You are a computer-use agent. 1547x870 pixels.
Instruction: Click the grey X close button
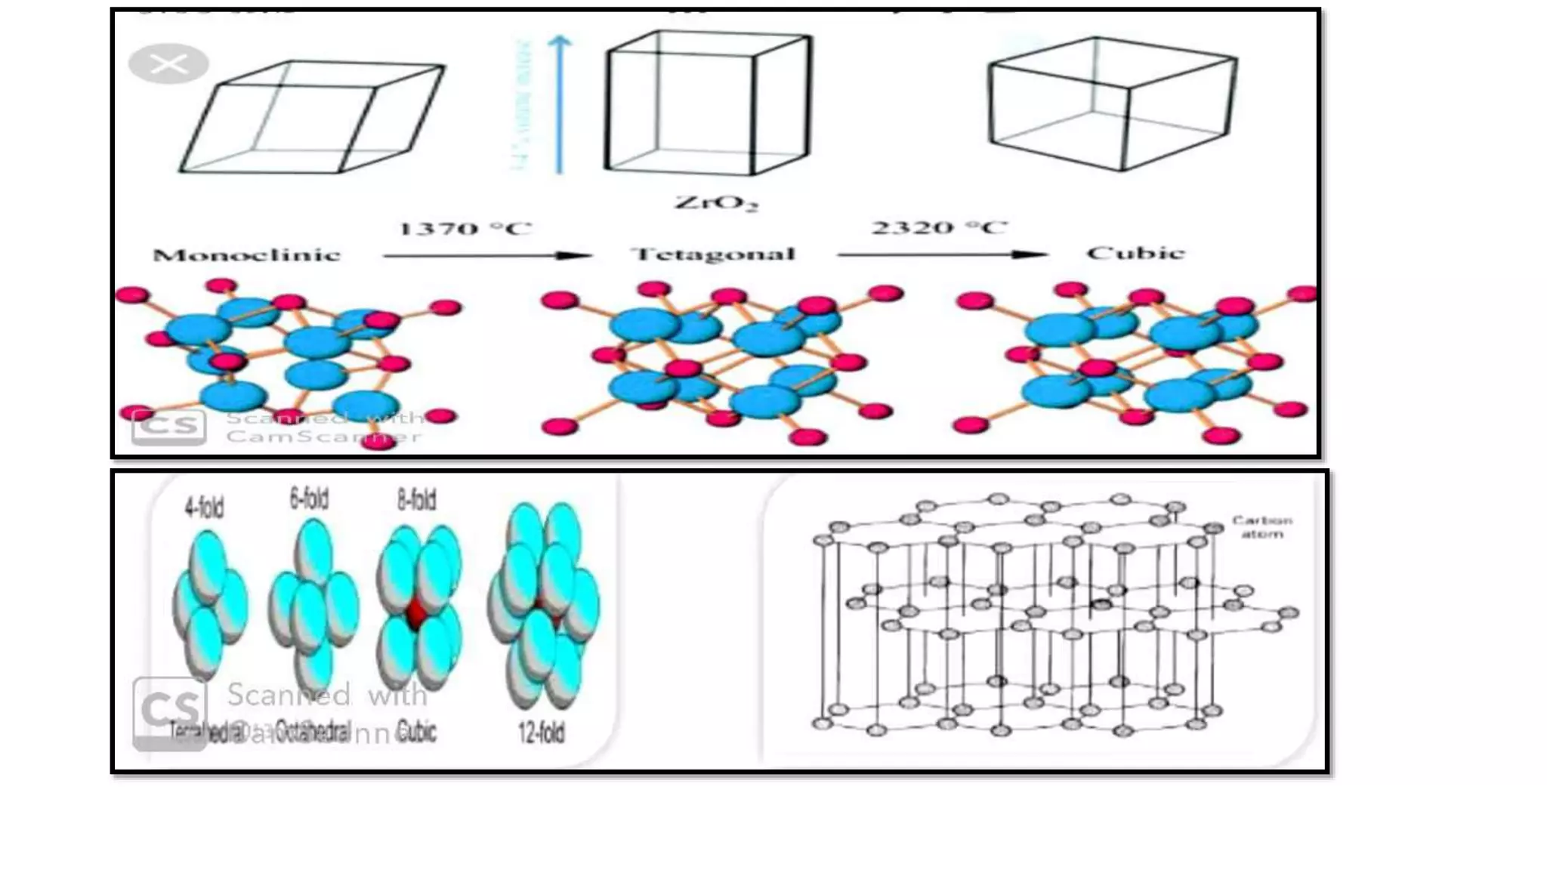tap(168, 63)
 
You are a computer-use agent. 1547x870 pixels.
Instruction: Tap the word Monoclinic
tap(247, 255)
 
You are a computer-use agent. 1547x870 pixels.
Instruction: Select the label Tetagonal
tap(713, 254)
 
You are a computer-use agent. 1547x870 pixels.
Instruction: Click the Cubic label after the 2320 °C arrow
tap(1135, 253)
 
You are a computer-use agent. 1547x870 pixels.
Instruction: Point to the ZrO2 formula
tap(715, 202)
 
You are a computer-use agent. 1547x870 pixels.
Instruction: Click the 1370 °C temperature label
tap(465, 228)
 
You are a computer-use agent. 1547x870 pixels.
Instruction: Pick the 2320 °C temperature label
tap(939, 227)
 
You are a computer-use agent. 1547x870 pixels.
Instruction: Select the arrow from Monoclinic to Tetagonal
tap(487, 256)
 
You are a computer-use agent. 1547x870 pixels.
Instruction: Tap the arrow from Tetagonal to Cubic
tap(942, 255)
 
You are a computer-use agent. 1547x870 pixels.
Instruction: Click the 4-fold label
tap(205, 507)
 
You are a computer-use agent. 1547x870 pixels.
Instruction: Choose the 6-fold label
tap(309, 499)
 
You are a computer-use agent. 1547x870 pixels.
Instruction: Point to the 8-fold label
tap(416, 500)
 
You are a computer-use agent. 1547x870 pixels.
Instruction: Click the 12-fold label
tap(541, 732)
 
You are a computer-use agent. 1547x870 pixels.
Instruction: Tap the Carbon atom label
tap(1261, 526)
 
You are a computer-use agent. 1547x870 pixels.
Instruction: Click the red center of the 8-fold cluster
tap(416, 614)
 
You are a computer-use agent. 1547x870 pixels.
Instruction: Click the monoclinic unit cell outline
tap(311, 117)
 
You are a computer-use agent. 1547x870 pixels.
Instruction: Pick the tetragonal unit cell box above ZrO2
tap(708, 103)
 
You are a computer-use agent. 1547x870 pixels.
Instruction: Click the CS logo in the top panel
tap(168, 425)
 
